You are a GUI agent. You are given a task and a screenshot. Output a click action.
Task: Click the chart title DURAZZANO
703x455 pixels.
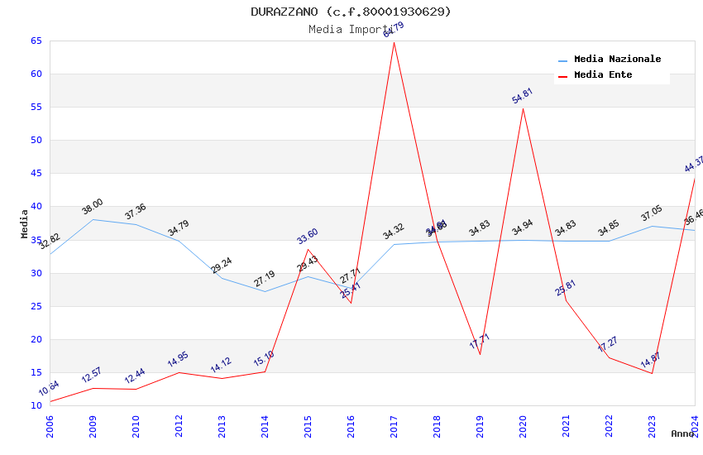pyautogui.click(x=351, y=12)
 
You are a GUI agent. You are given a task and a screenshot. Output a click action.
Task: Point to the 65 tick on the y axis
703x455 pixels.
pyautogui.click(x=35, y=41)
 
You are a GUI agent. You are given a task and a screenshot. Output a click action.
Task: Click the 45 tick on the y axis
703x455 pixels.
pyautogui.click(x=35, y=174)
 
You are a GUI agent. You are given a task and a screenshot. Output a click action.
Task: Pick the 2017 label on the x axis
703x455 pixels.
pyautogui.click(x=394, y=423)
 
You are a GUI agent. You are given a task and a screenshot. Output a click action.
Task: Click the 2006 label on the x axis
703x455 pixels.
pyautogui.click(x=50, y=423)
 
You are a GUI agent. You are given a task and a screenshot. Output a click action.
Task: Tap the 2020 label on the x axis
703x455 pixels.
pyautogui.click(x=523, y=423)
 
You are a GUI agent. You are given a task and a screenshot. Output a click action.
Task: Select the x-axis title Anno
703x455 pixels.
pyautogui.click(x=682, y=433)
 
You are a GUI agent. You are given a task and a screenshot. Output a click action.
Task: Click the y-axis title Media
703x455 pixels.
pyautogui.click(x=25, y=223)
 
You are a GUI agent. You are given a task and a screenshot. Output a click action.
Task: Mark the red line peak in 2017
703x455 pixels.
pyautogui.click(x=394, y=42)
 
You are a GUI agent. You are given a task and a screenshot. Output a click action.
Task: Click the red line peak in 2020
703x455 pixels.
pyautogui.click(x=523, y=108)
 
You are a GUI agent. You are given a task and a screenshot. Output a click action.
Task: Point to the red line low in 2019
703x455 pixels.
pyautogui.click(x=480, y=354)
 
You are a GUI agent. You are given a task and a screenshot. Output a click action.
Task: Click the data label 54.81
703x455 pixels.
pyautogui.click(x=523, y=96)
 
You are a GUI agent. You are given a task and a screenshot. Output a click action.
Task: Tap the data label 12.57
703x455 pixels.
pyautogui.click(x=93, y=375)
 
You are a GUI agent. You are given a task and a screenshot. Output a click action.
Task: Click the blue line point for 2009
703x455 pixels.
pyautogui.click(x=93, y=219)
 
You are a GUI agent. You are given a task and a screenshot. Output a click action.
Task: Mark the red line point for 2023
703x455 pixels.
pyautogui.click(x=652, y=373)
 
